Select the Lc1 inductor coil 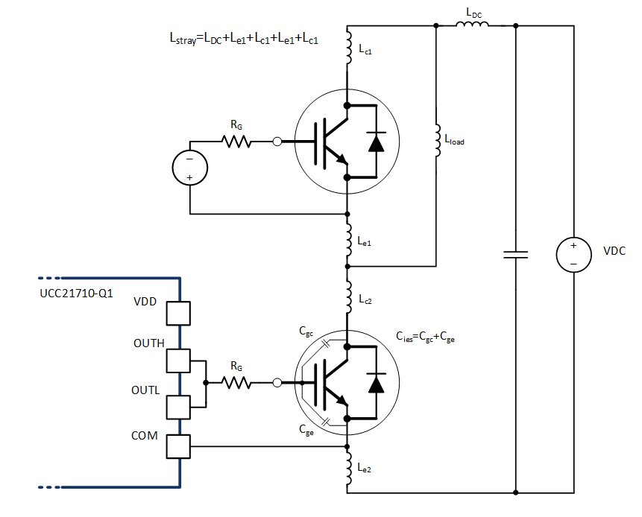[x=347, y=46]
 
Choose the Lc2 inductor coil [x=347, y=297]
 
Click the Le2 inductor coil [x=347, y=466]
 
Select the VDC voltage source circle [x=573, y=255]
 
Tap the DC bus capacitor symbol [x=515, y=255]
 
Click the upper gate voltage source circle [x=189, y=168]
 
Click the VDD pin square [x=179, y=313]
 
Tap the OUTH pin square [x=179, y=361]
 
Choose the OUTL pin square [x=179, y=407]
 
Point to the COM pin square [x=179, y=446]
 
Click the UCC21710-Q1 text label [x=76, y=294]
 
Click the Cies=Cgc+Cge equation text [x=425, y=337]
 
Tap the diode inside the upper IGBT [x=376, y=142]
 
